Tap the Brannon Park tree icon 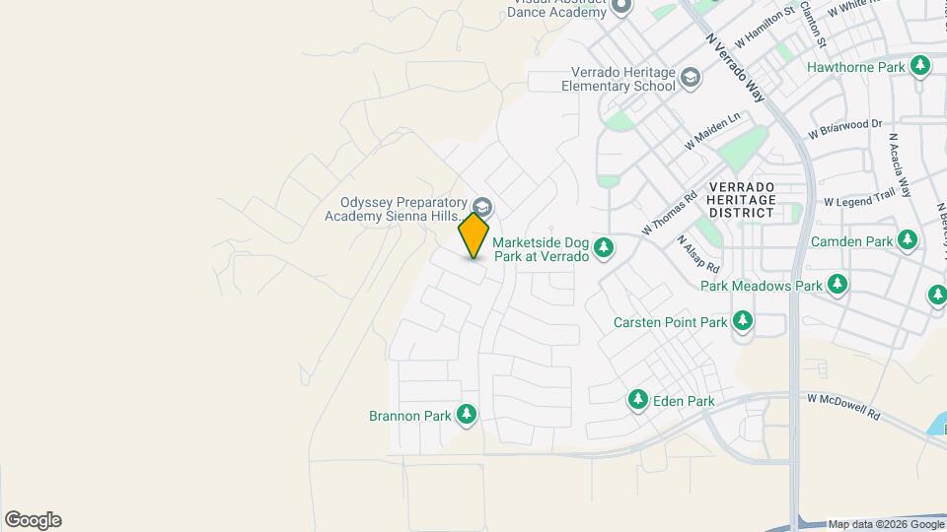(x=467, y=415)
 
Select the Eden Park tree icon (x=638, y=400)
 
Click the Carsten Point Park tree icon (x=742, y=321)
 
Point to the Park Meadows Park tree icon (x=838, y=285)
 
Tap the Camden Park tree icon (x=908, y=240)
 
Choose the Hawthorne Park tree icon (x=921, y=66)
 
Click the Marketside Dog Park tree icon (x=604, y=248)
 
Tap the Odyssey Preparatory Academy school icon (x=482, y=207)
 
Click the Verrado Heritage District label (x=742, y=200)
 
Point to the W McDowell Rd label (x=842, y=407)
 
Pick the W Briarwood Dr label (x=844, y=129)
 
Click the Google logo (x=33, y=520)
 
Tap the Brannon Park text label (x=410, y=416)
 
